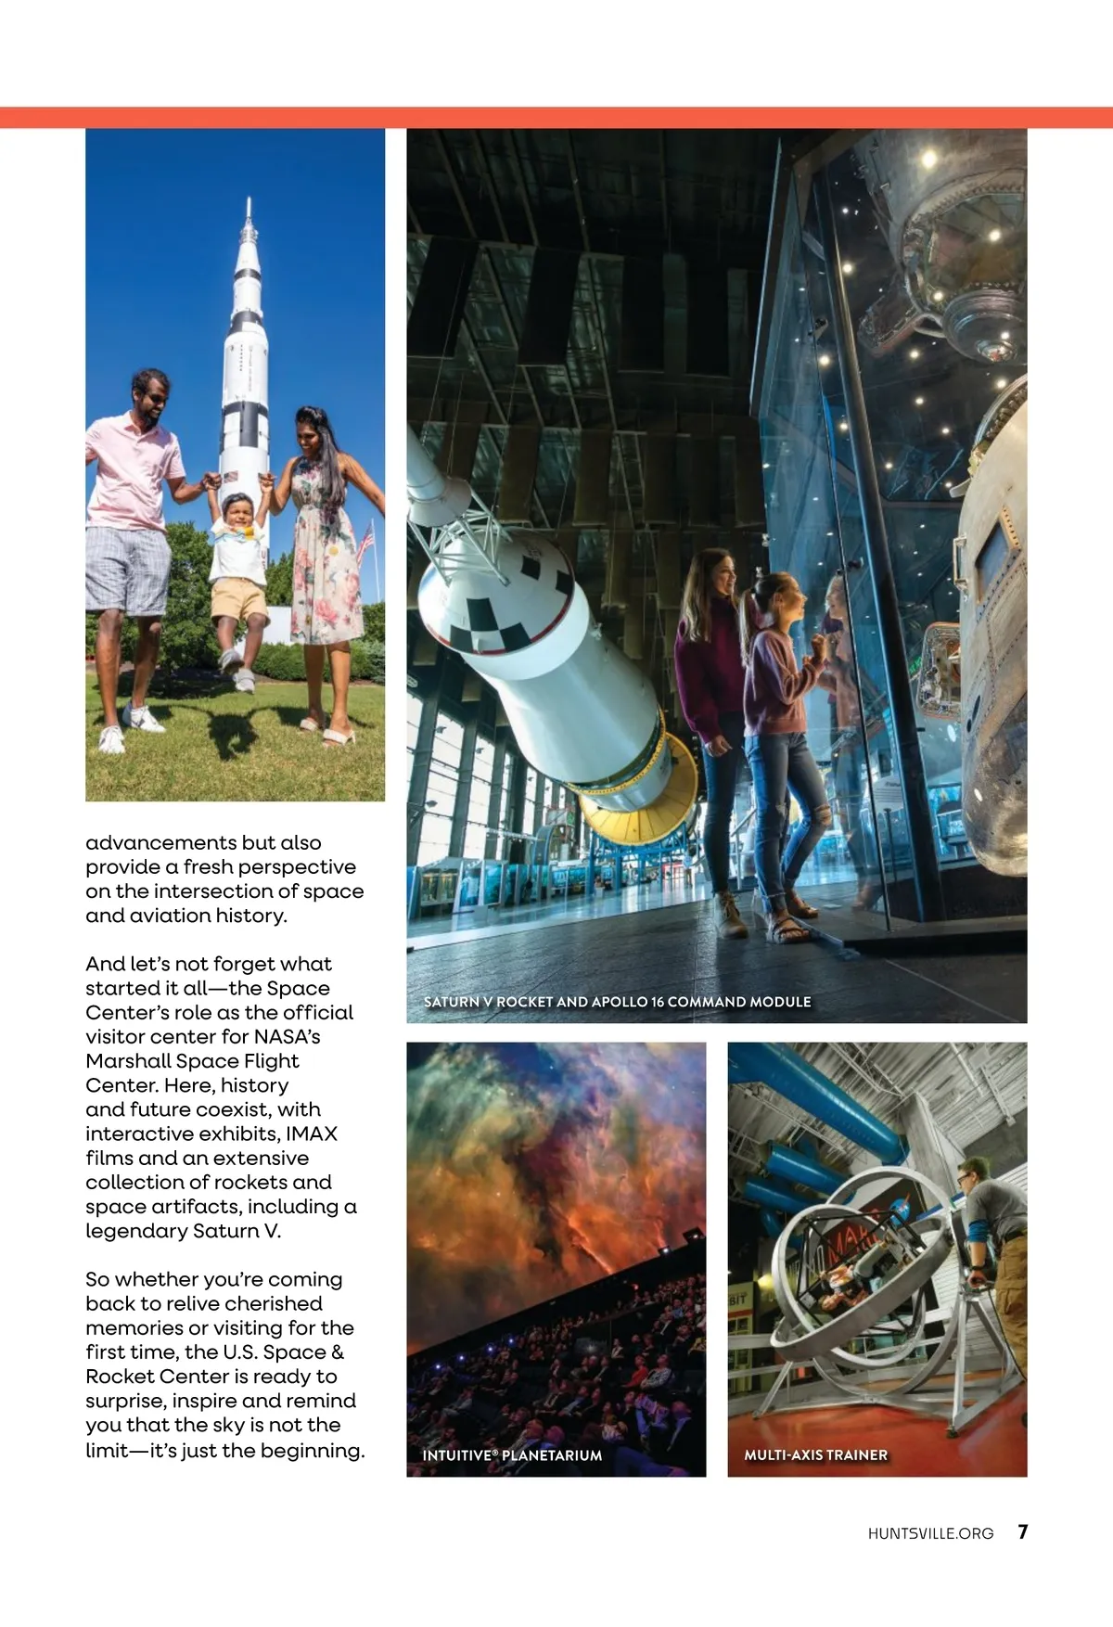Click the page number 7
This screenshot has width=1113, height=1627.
click(x=1022, y=1531)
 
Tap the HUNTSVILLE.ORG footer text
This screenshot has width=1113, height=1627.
click(x=930, y=1533)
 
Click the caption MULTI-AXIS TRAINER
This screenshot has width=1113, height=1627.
click(x=815, y=1454)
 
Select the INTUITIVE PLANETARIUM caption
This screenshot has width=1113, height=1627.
click(x=512, y=1455)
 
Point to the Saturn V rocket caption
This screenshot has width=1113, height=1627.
click(x=617, y=1002)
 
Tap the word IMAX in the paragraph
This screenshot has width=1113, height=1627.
click(x=312, y=1134)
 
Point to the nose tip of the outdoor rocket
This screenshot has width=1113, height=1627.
click(x=248, y=199)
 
